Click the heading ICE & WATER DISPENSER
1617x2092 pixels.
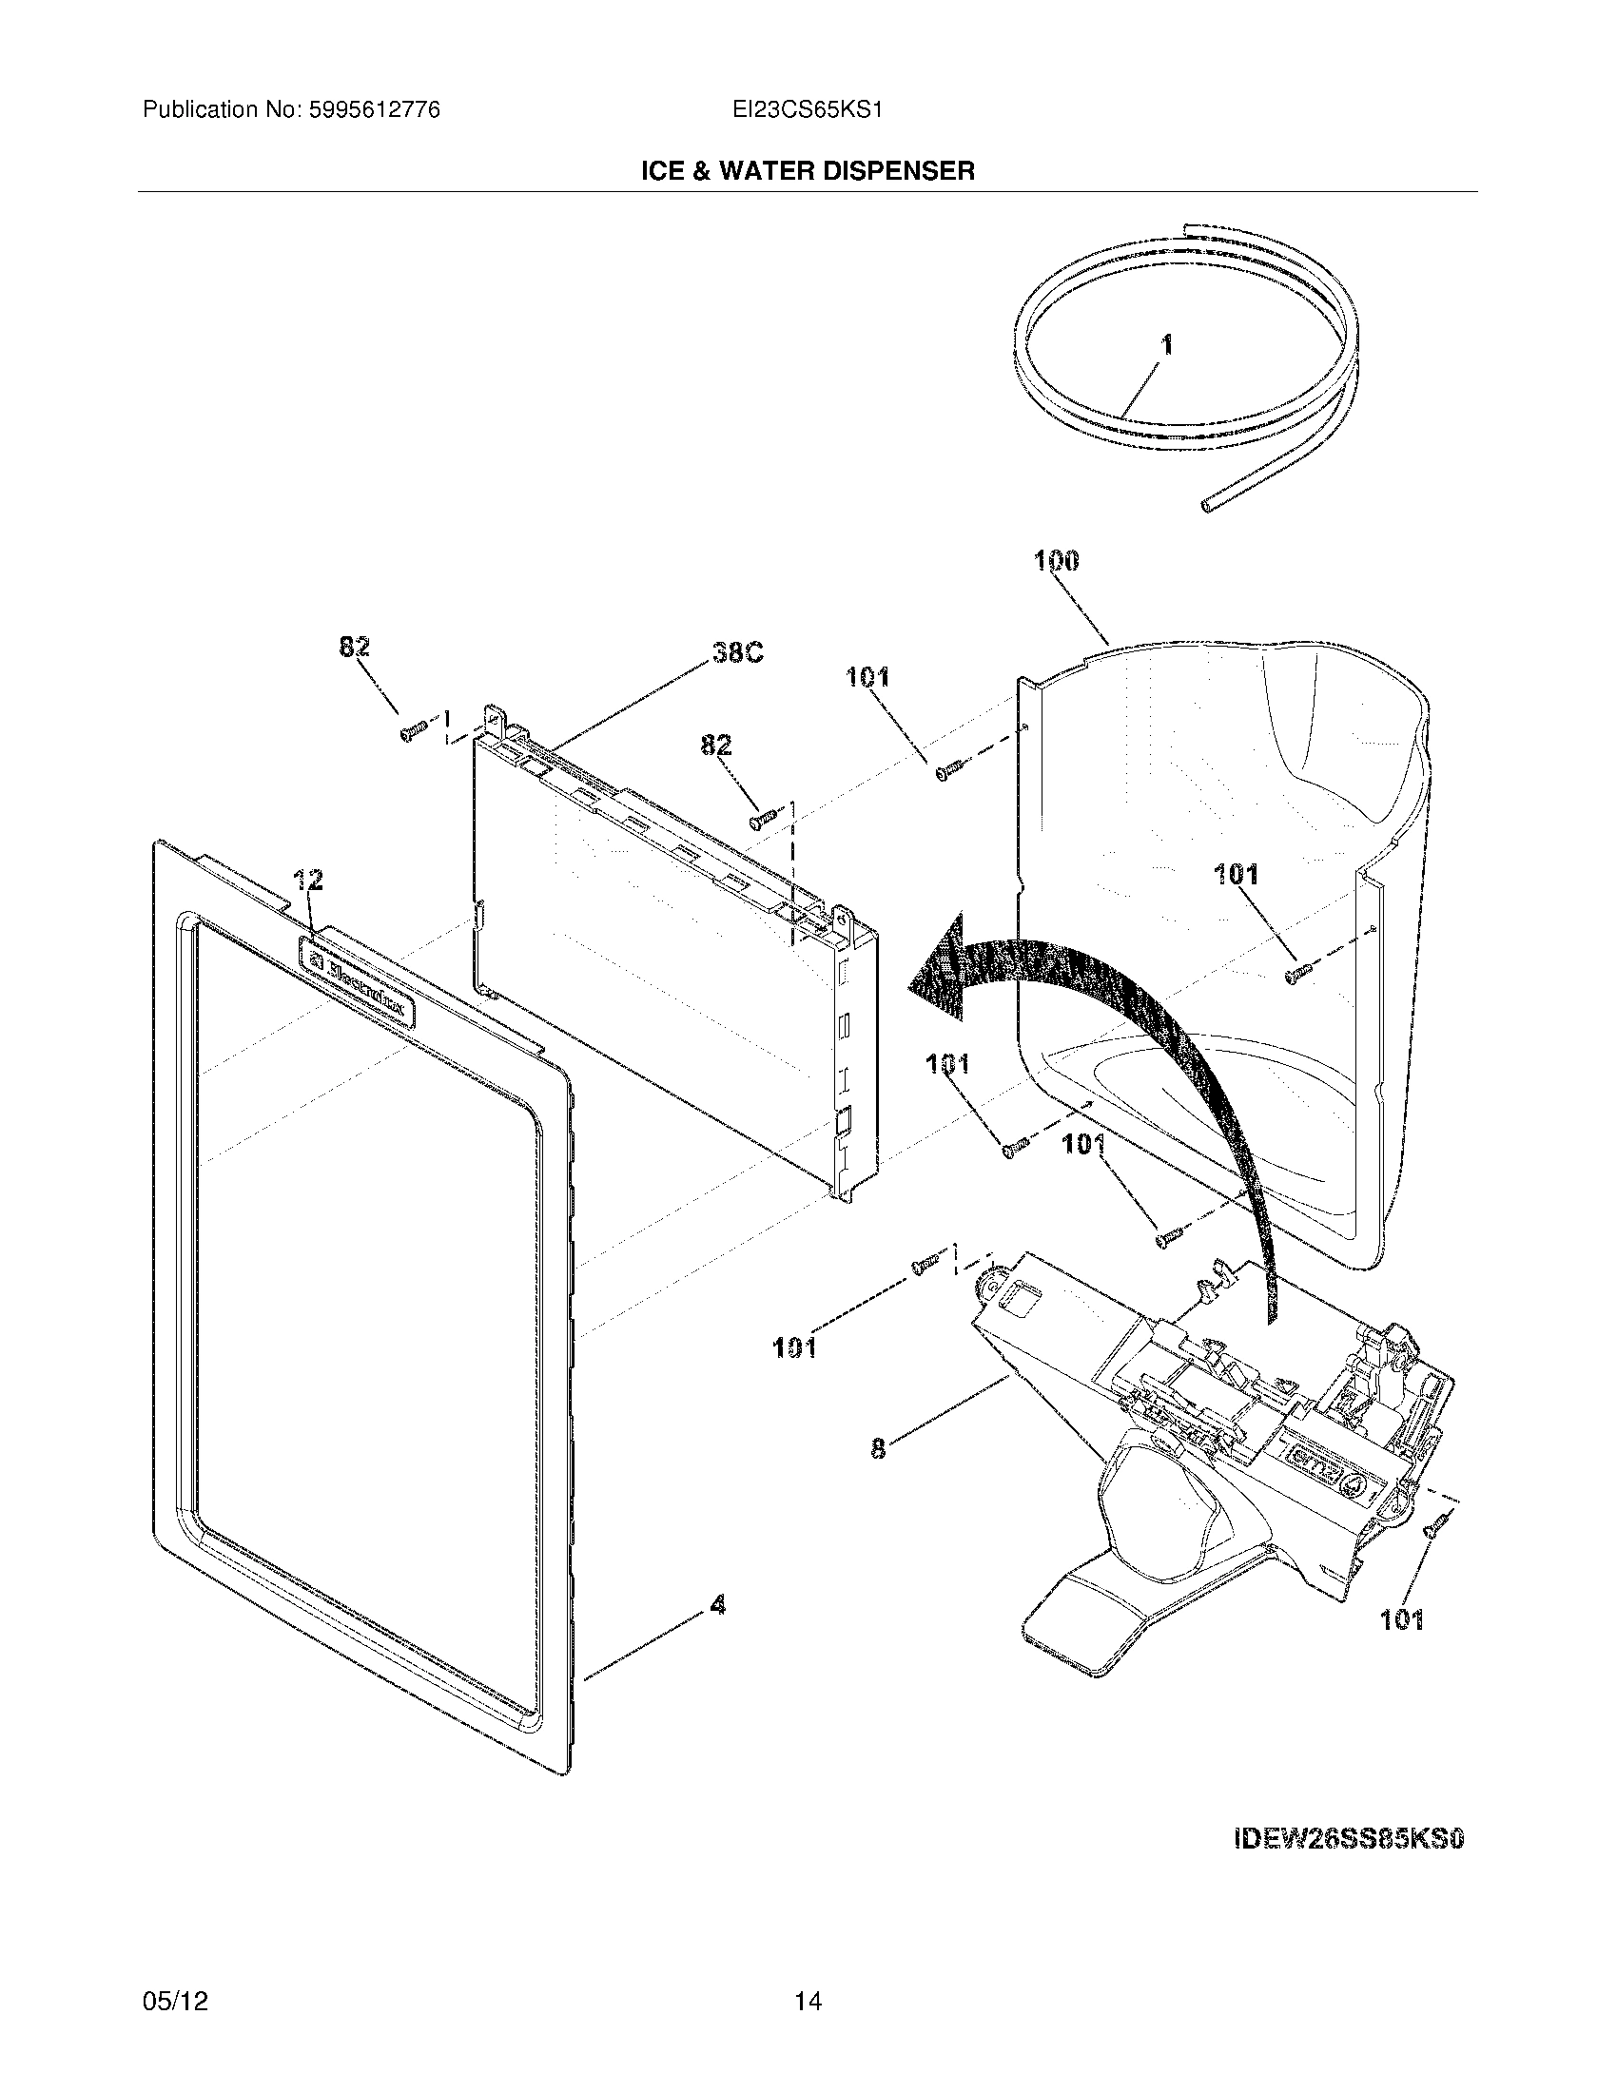808,171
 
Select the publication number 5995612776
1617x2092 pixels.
375,110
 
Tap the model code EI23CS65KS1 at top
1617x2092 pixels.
807,110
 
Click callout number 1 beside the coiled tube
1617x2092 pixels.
1166,346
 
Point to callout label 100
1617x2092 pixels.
1057,560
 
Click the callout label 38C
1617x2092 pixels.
736,653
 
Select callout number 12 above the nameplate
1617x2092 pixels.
307,879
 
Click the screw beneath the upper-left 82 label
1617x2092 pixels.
412,732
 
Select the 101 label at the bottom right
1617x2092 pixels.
1401,1619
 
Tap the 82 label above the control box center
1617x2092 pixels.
715,745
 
